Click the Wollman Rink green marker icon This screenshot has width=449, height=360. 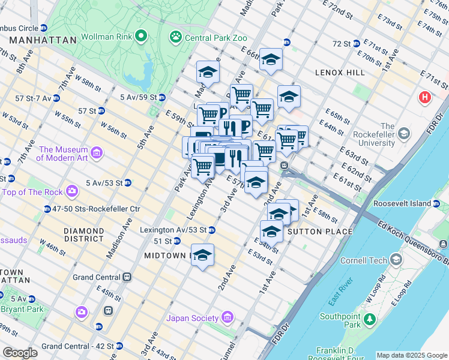[x=141, y=36]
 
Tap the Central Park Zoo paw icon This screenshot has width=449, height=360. [x=175, y=37]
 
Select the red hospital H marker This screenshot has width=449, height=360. [x=426, y=97]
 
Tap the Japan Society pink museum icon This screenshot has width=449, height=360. [x=227, y=317]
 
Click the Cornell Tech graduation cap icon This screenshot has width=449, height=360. [x=396, y=259]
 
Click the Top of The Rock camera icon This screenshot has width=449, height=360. [x=72, y=191]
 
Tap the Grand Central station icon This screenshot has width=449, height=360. [x=127, y=277]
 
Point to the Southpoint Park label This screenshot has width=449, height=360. [x=340, y=321]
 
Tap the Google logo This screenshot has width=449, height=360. [x=20, y=352]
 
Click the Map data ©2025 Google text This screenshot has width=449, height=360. [x=412, y=355]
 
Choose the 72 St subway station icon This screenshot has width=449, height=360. [x=355, y=44]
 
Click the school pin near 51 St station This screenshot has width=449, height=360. [x=203, y=255]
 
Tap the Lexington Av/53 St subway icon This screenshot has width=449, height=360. [x=211, y=230]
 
